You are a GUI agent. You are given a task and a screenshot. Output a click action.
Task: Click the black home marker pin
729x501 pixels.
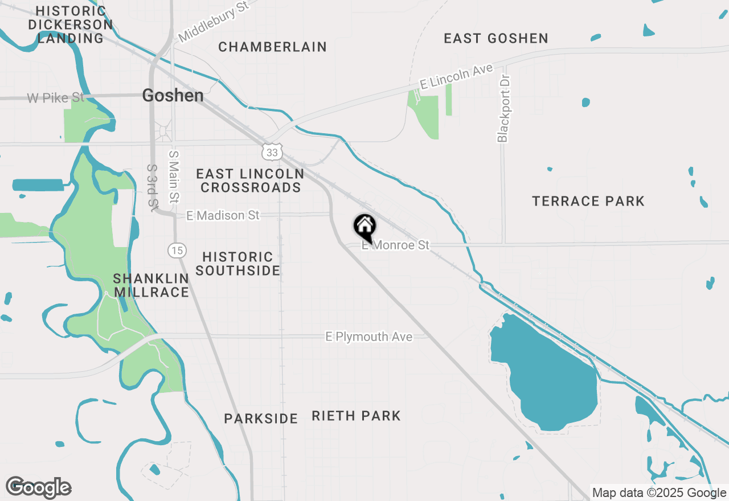(364, 227)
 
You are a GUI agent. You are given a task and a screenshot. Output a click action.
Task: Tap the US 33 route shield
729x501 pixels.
(272, 152)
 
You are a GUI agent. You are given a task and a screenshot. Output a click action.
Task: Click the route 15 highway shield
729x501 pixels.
(177, 249)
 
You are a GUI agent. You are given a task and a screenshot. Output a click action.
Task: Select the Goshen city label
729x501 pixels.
(173, 96)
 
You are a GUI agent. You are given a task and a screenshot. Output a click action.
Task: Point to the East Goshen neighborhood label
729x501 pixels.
(496, 39)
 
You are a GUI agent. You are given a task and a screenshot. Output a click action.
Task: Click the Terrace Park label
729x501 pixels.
(588, 201)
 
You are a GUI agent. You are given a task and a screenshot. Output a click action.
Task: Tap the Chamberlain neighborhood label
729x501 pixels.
(272, 47)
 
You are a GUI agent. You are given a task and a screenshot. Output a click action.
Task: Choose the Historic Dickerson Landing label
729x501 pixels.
(71, 25)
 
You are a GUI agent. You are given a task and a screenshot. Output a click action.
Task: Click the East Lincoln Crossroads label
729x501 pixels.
(251, 180)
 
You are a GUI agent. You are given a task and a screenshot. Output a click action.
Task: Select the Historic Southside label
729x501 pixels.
(238, 264)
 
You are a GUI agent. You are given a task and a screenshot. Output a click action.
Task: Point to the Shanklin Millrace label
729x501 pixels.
(151, 285)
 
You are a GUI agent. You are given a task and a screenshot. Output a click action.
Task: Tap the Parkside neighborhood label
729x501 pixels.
(261, 419)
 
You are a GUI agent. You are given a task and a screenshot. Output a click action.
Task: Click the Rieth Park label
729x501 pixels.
(356, 416)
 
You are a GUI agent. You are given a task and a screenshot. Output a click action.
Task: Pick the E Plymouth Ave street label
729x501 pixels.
(369, 337)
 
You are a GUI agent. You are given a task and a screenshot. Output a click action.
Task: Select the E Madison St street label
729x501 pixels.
(223, 215)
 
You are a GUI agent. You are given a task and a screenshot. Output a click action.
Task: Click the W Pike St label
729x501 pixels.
(55, 98)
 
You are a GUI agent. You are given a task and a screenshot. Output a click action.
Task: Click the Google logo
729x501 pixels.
(39, 488)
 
